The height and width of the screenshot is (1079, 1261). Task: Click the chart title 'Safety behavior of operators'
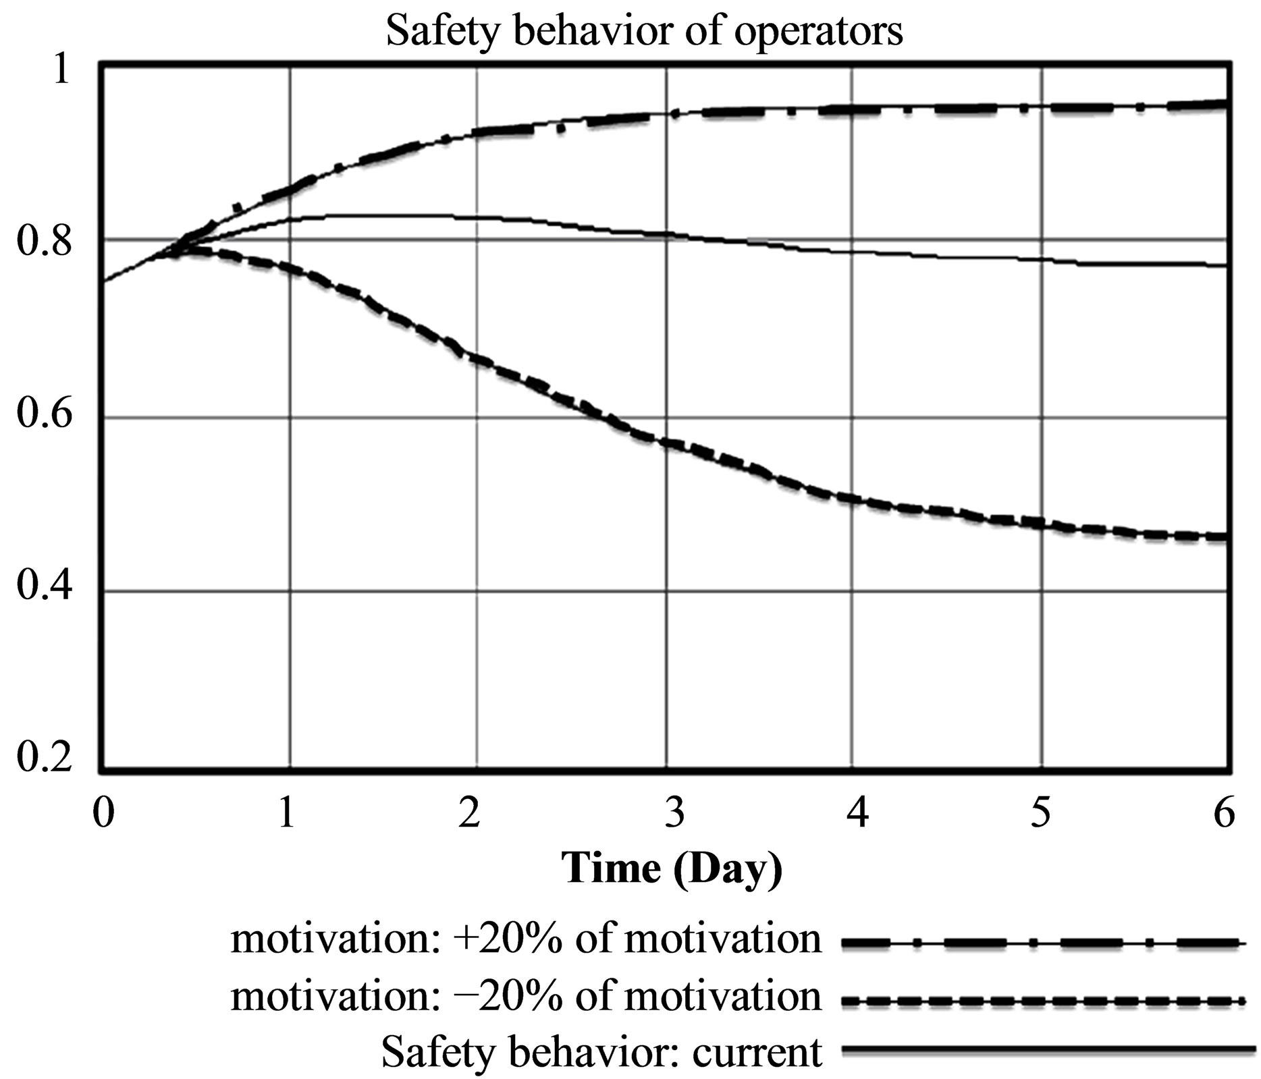click(644, 30)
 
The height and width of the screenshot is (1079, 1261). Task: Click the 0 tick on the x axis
click(103, 813)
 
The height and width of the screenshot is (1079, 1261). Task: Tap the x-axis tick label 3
click(674, 813)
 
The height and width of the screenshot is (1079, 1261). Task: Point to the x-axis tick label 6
click(1223, 813)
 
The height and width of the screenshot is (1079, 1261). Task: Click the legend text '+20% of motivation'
click(526, 939)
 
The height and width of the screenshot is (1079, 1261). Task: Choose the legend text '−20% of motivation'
click(526, 997)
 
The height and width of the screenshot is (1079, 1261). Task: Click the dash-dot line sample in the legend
click(1043, 942)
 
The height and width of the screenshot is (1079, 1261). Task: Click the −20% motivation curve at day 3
click(666, 443)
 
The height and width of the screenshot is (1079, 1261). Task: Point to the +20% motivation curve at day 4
click(853, 109)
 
